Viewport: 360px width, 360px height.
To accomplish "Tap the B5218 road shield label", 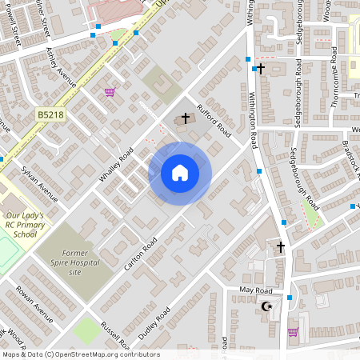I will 50,116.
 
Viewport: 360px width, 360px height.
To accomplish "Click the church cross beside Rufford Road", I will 186,118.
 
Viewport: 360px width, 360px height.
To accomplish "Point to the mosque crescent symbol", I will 267,306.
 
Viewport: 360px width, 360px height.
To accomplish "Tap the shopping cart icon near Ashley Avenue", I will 110,92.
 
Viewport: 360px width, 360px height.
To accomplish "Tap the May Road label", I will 256,290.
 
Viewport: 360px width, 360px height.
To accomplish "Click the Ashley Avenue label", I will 61,69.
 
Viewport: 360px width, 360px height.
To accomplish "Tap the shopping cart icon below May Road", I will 293,331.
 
